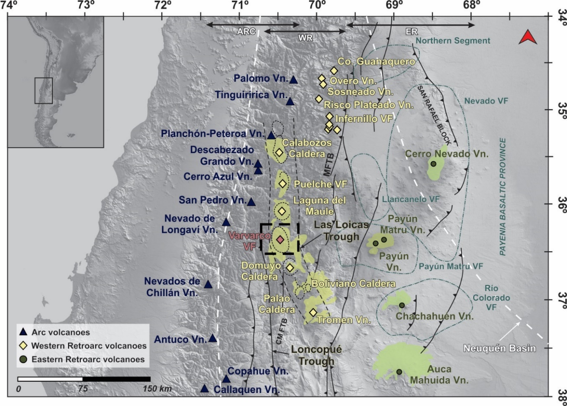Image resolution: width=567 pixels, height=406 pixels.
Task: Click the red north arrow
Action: point(528,38)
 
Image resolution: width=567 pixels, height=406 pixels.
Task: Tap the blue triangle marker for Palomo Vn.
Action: point(293,80)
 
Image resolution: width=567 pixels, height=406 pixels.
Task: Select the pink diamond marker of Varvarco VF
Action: point(280,239)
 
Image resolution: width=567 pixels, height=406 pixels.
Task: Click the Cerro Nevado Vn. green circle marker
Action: point(433,164)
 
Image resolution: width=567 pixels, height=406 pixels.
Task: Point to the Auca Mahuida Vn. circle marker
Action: point(399,371)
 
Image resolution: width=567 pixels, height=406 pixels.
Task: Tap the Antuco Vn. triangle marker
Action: point(213,338)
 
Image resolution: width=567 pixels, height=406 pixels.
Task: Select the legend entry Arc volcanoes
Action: point(61,332)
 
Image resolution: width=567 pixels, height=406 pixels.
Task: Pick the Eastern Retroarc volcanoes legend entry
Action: point(88,359)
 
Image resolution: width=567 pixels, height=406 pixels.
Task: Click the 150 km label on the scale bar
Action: point(157,389)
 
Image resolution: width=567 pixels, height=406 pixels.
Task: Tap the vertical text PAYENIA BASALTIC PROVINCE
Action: point(503,197)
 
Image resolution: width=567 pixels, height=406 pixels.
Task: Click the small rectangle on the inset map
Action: point(43,90)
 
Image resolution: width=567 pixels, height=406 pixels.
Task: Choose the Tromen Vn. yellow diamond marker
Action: point(313,312)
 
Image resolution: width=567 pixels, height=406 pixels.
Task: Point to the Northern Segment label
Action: point(453,41)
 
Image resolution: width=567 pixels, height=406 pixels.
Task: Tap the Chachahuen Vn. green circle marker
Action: point(402,305)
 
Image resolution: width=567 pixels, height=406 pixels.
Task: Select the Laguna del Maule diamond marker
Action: point(282,211)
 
